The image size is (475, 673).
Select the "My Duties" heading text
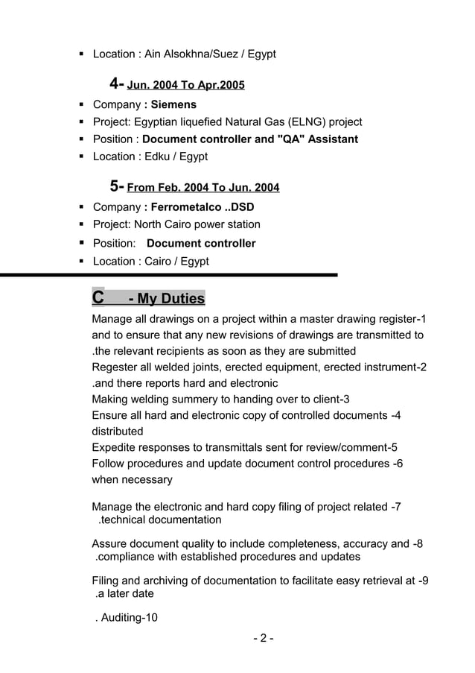166,299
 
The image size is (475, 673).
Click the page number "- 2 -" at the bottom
263,639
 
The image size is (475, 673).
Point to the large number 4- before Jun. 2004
117,83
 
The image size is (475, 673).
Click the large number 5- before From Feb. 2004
117,186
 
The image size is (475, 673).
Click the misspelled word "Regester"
115,367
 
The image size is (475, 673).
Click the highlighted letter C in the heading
98,298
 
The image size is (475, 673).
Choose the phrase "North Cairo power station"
197,224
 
